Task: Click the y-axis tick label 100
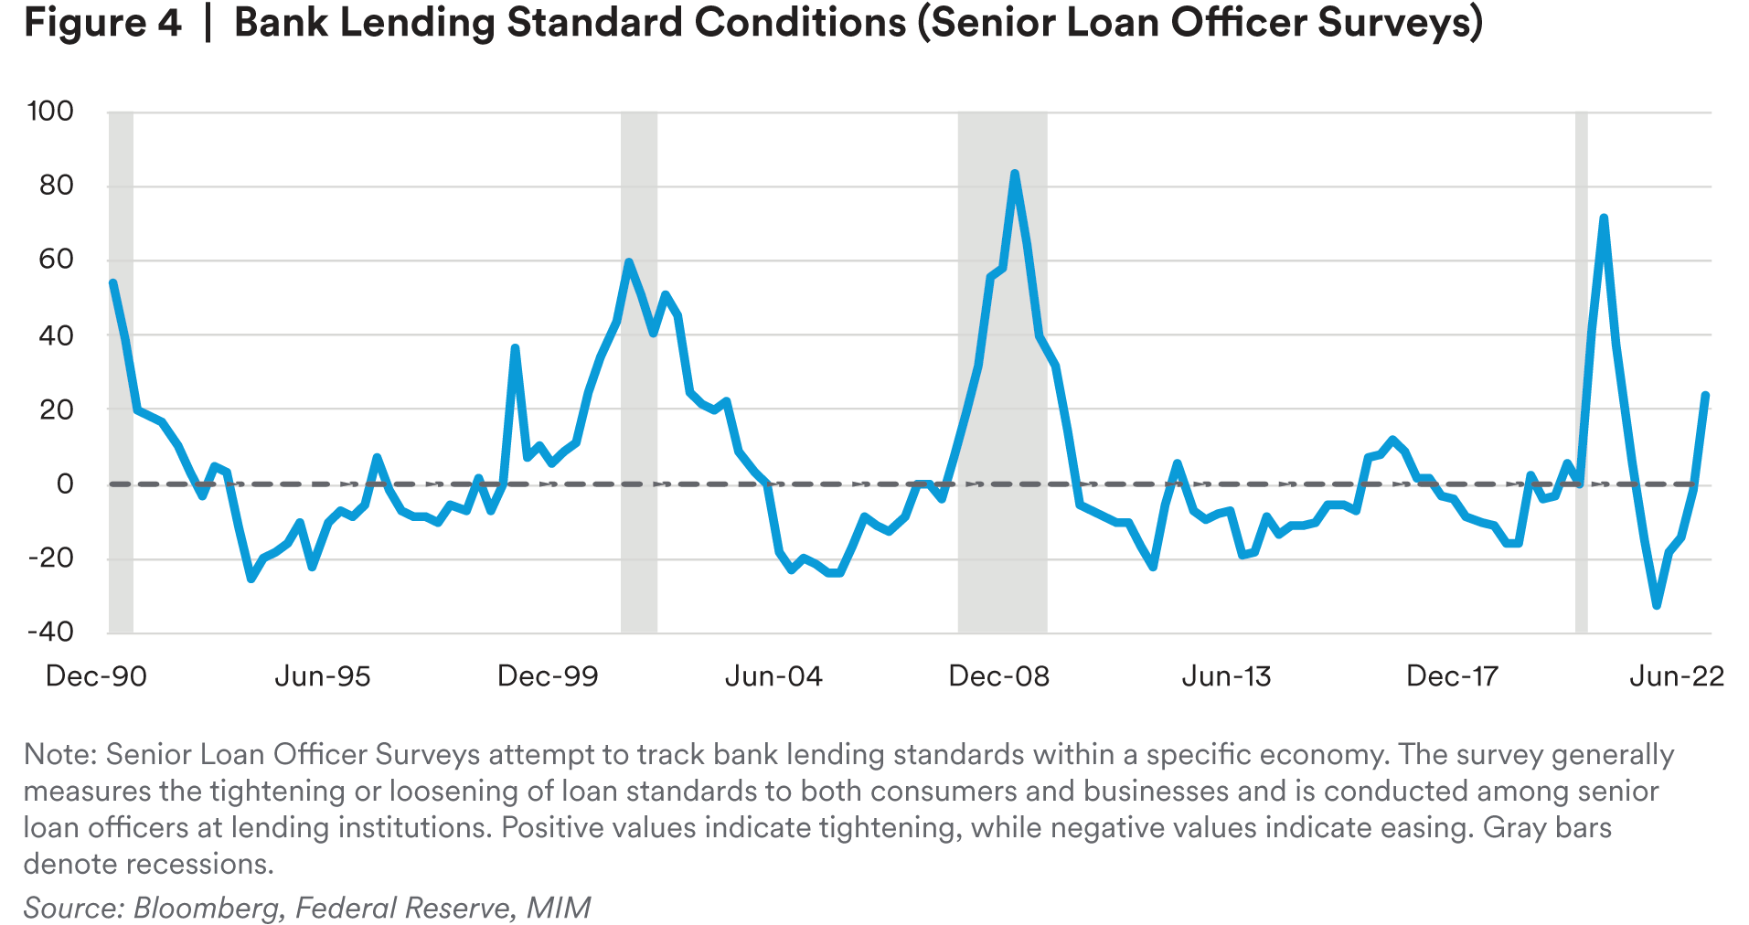coord(50,112)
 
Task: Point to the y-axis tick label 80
coord(55,186)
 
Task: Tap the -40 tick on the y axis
coord(50,631)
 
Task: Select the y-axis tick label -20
coord(50,558)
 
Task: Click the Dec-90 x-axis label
coord(96,676)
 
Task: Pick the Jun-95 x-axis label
coord(323,676)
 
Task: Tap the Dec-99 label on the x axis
coord(548,676)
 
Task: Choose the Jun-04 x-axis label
coord(773,676)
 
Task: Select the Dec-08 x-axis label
coord(999,676)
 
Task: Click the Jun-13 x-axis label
coord(1226,676)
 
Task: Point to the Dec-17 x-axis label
coord(1452,676)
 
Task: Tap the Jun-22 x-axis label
coord(1677,676)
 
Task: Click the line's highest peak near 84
coord(1015,174)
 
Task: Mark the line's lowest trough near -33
coord(1657,605)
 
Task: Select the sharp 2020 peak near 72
coord(1604,218)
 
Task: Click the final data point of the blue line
coord(1705,395)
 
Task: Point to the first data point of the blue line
coord(112,283)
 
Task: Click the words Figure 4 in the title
coord(102,23)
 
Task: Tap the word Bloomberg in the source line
coord(206,908)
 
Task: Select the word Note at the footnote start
coord(59,755)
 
